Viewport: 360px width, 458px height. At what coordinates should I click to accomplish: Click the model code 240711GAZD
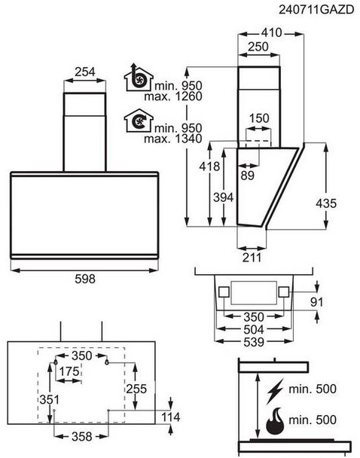316,10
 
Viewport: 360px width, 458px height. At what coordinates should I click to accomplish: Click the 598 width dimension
85,279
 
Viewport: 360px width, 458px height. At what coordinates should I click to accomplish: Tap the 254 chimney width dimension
84,72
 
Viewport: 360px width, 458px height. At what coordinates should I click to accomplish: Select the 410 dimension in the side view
271,32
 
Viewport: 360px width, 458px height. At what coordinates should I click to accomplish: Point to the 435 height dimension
326,203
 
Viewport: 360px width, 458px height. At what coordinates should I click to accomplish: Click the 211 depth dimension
252,258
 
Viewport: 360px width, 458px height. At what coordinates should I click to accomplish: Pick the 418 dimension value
209,166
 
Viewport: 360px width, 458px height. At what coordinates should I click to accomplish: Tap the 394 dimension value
224,198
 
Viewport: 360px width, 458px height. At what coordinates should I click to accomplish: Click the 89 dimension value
247,176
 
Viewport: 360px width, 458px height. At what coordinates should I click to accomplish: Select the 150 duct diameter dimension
259,118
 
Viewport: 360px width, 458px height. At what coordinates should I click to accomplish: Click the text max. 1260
173,96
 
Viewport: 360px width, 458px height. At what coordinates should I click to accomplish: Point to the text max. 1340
173,139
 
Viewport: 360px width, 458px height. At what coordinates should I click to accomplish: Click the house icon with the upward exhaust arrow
139,78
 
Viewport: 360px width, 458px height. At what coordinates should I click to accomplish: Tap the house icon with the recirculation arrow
139,121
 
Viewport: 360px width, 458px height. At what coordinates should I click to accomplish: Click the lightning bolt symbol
275,391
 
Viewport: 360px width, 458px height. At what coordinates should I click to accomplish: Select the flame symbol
275,421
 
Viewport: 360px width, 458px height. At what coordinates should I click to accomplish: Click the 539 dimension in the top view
253,342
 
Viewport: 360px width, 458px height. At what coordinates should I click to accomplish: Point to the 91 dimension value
317,302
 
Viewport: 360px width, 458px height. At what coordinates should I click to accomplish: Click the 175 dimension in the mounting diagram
69,371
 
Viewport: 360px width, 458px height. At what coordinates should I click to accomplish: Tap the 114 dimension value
171,417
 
